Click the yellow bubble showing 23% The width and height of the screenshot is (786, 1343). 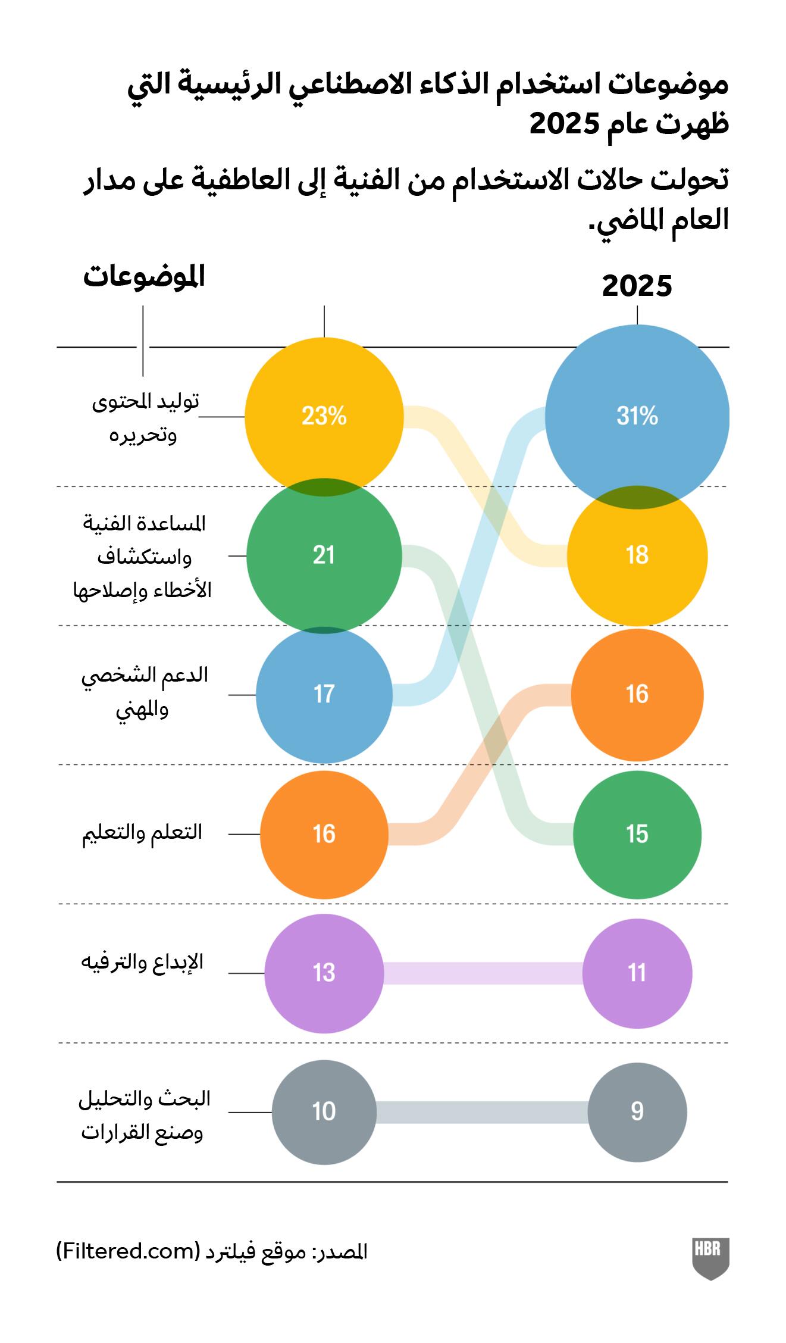pyautogui.click(x=324, y=416)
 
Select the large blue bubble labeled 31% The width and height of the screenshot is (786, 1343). pyautogui.click(x=637, y=416)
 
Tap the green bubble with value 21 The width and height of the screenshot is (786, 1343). pyautogui.click(x=324, y=555)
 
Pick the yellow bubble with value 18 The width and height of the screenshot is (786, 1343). pyautogui.click(x=637, y=555)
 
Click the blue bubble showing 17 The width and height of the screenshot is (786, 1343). pyautogui.click(x=324, y=694)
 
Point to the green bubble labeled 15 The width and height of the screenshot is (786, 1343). pyautogui.click(x=637, y=834)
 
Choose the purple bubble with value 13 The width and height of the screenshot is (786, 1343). pyautogui.click(x=324, y=973)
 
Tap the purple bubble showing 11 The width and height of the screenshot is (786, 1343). pyautogui.click(x=637, y=973)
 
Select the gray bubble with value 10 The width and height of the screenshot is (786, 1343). pyautogui.click(x=324, y=1111)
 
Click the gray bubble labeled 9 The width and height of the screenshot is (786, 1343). pyautogui.click(x=637, y=1111)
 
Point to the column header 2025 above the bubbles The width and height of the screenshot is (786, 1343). pyautogui.click(x=637, y=286)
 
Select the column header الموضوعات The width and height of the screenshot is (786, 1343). pyautogui.click(x=143, y=277)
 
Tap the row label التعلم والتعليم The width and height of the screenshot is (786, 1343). pyautogui.click(x=142, y=832)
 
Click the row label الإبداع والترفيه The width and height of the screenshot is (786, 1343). pyautogui.click(x=142, y=962)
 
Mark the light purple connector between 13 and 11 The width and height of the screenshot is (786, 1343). pyautogui.click(x=482, y=973)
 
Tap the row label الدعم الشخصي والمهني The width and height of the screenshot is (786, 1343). pyautogui.click(x=144, y=692)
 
